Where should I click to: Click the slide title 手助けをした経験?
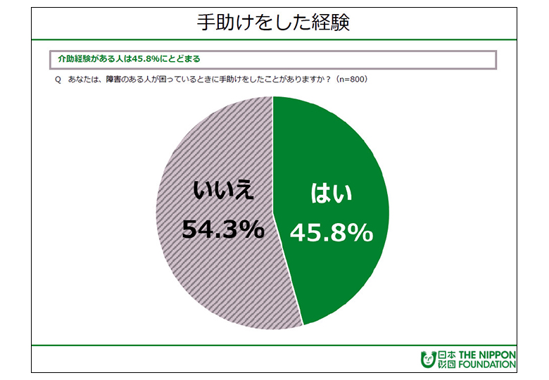(x=274, y=23)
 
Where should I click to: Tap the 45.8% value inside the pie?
(x=331, y=233)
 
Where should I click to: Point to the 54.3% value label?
(x=223, y=229)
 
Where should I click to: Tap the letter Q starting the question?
(x=57, y=79)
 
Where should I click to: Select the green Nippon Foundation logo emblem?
(x=427, y=359)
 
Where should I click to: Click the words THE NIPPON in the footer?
(x=486, y=354)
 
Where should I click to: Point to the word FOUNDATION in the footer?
(x=486, y=365)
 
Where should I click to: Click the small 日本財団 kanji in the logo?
(x=446, y=359)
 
